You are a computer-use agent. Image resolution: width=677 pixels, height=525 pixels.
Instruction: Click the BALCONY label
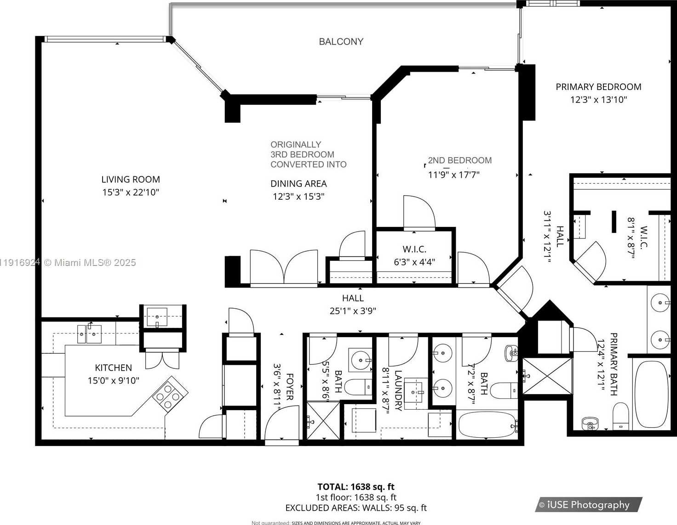[x=341, y=42]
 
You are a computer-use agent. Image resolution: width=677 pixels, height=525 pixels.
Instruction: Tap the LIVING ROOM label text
[x=131, y=180]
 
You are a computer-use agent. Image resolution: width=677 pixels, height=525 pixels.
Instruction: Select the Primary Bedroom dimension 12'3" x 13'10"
[x=598, y=100]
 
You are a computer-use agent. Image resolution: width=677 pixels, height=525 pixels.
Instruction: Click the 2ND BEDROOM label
[x=459, y=160]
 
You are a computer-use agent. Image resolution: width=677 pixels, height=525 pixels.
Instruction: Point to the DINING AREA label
[x=298, y=184]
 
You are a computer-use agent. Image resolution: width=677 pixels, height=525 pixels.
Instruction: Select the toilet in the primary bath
[x=620, y=416]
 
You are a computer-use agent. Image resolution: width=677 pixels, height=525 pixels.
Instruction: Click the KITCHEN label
[x=113, y=368]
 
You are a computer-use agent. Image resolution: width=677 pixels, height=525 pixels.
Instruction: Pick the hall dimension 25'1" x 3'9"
[x=353, y=311]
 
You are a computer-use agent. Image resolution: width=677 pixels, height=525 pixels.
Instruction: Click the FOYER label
[x=290, y=387]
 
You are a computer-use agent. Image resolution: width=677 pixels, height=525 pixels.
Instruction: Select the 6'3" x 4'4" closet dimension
[x=414, y=262]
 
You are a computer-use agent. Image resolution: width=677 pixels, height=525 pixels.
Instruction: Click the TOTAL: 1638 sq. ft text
[x=356, y=487]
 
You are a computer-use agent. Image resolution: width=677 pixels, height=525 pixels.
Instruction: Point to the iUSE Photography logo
[x=588, y=505]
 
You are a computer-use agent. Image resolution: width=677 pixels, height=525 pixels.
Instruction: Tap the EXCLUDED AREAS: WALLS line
[x=356, y=508]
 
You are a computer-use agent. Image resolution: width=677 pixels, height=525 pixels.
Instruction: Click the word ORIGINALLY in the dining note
[x=296, y=145]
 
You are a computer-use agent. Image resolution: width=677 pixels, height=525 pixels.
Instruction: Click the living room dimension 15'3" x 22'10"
[x=131, y=192]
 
